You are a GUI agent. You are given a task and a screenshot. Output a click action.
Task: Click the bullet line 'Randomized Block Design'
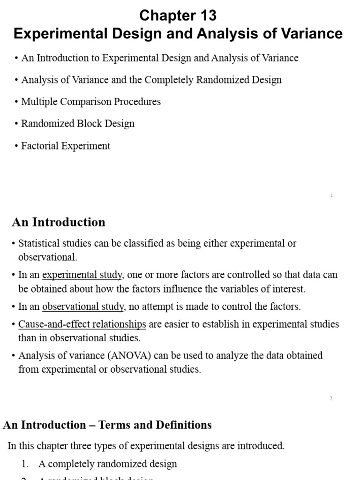click(x=78, y=124)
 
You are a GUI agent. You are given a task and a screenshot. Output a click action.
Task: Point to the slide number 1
click(x=331, y=195)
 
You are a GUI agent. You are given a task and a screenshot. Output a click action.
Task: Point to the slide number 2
click(x=331, y=398)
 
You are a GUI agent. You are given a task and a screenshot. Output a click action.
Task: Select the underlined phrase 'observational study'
click(x=83, y=307)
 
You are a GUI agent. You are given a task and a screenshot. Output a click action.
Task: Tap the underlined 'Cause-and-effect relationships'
click(x=82, y=324)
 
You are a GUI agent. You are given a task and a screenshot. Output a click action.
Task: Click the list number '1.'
click(x=25, y=464)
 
